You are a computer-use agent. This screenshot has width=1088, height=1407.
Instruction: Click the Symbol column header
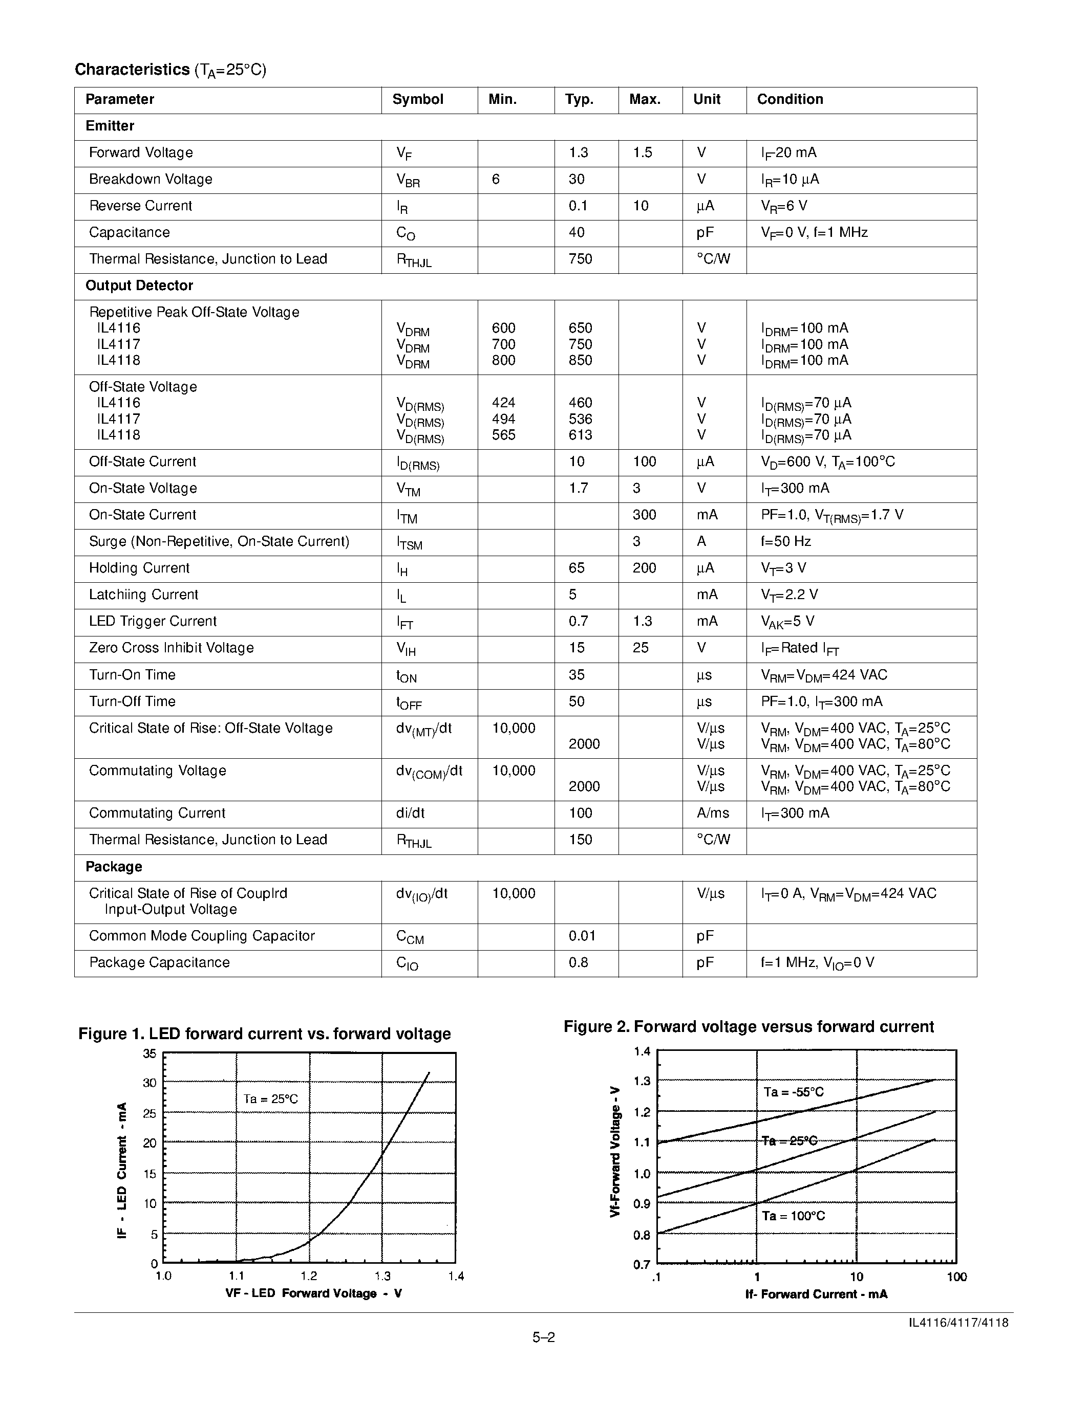tap(418, 99)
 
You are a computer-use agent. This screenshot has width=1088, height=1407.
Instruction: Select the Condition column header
tap(790, 99)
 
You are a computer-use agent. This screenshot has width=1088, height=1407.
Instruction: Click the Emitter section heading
tap(110, 126)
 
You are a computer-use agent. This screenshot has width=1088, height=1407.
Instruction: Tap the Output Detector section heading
tap(139, 285)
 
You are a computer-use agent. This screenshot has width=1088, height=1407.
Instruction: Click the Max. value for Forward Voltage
tap(642, 152)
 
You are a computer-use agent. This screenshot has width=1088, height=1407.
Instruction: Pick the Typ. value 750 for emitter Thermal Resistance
tap(580, 259)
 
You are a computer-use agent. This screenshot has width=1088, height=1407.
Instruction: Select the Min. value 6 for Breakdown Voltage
tap(496, 179)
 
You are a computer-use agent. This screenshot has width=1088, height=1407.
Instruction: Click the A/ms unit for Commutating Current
tap(712, 813)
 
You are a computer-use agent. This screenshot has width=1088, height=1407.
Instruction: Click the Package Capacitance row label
tap(159, 962)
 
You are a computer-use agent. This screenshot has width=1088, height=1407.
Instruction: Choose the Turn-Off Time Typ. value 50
tap(576, 701)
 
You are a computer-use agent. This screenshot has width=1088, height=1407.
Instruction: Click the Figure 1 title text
tap(264, 1034)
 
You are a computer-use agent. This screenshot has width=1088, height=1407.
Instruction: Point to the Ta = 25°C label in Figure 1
tap(271, 1099)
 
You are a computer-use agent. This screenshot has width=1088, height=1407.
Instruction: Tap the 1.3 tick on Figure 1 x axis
tap(382, 1276)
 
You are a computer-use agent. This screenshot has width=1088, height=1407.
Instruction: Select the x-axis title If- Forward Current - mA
tap(816, 1294)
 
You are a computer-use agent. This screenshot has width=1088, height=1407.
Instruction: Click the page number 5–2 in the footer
tap(543, 1337)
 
